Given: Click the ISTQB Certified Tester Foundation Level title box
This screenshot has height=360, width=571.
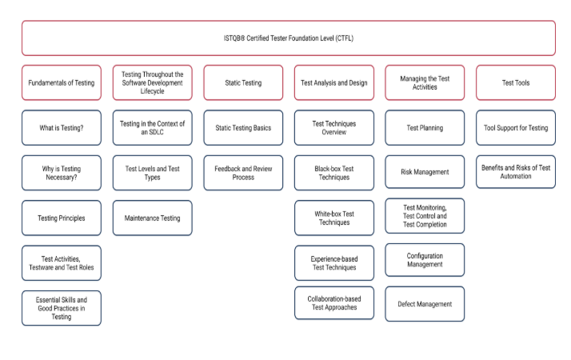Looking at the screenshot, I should (x=288, y=38).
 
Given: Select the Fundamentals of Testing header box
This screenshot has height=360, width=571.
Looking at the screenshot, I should (x=62, y=82).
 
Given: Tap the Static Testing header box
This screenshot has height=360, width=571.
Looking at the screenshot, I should (x=243, y=82).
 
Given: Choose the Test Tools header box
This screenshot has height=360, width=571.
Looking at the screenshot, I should (x=516, y=82).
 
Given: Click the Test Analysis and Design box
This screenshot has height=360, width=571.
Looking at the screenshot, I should (x=334, y=82).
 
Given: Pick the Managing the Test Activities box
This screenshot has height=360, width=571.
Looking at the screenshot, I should (x=425, y=82).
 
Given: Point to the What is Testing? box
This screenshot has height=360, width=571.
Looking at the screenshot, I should (x=62, y=127).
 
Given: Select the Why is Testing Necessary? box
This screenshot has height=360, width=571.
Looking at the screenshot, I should (x=62, y=173).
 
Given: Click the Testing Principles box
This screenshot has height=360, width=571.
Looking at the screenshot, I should (x=62, y=218).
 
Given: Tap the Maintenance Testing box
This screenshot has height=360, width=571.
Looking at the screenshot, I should (x=153, y=218).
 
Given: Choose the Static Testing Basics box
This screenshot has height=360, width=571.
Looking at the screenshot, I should (x=243, y=127).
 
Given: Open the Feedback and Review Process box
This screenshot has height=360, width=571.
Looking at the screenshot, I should (x=243, y=173).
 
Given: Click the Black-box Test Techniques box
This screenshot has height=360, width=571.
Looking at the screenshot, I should (x=334, y=173).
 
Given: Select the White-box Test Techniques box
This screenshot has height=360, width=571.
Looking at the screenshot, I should (x=334, y=218).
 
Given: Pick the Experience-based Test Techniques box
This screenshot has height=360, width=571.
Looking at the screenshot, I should (x=334, y=261).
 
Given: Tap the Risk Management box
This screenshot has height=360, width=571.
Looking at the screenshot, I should (x=425, y=172).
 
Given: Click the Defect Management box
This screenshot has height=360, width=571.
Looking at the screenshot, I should (x=425, y=304).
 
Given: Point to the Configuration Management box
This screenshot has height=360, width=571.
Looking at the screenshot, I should (x=425, y=260).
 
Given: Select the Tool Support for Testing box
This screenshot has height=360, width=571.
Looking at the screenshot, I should (x=516, y=127).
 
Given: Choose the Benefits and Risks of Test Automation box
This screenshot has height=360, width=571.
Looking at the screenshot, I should (x=516, y=172).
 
